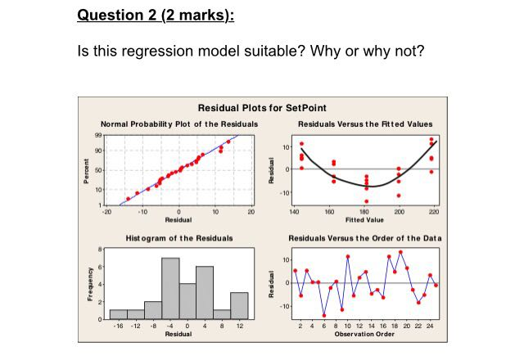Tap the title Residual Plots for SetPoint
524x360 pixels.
tap(262, 108)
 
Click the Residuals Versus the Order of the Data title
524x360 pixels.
tap(365, 237)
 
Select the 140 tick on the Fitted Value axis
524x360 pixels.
tap(294, 211)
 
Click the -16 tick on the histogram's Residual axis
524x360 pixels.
tap(117, 326)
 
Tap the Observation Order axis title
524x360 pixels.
tap(365, 334)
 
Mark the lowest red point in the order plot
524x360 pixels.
tap(324, 315)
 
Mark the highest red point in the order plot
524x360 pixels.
tap(400, 252)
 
